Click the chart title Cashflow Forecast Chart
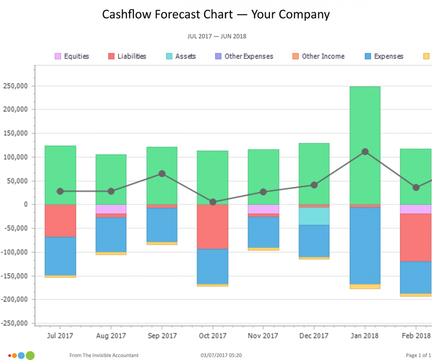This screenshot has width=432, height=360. [x=216, y=14]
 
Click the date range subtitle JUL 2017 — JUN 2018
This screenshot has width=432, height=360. [x=216, y=36]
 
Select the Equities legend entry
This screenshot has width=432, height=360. [x=72, y=56]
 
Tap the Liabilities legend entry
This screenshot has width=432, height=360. [x=127, y=56]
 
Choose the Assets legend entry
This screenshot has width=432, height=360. [x=181, y=56]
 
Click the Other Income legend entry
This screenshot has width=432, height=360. [x=318, y=56]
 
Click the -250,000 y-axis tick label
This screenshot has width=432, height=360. [x=15, y=323]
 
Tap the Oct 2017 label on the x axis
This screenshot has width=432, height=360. [x=212, y=336]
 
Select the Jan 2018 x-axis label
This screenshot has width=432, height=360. [x=364, y=336]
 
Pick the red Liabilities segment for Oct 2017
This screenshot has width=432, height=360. [x=212, y=226]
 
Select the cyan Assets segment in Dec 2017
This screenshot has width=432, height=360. [x=314, y=216]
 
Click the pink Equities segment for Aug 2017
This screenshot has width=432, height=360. [x=111, y=209]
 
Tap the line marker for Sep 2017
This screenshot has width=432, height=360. [x=162, y=174]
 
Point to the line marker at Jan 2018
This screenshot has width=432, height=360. [x=364, y=152]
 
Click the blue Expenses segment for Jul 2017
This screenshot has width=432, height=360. [x=60, y=256]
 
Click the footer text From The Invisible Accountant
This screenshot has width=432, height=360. [x=104, y=355]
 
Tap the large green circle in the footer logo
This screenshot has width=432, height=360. [x=30, y=355]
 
